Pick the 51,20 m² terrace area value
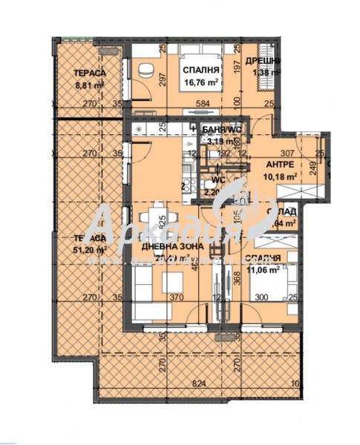pos(90,250)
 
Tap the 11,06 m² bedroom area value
pos(261,270)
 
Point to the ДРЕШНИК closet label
pos(265,62)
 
